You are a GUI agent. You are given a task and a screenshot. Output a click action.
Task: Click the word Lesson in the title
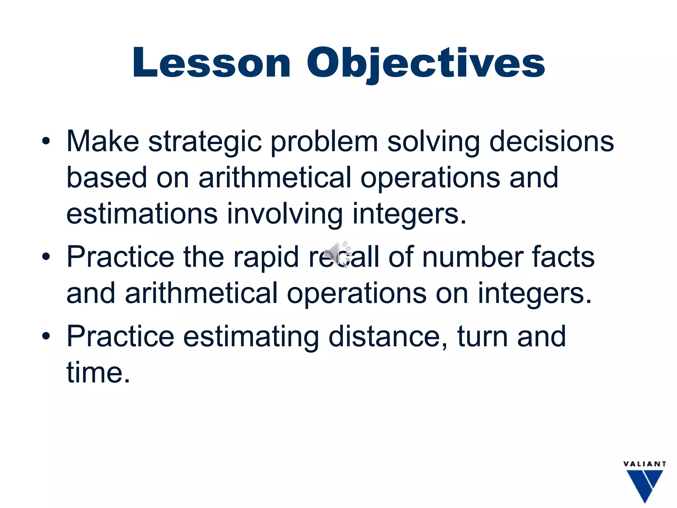(x=212, y=63)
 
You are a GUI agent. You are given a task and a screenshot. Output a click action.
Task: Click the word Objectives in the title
(x=426, y=63)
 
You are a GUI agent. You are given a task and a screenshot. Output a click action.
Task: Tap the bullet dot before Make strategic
(x=46, y=142)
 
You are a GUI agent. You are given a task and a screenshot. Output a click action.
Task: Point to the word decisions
(x=551, y=142)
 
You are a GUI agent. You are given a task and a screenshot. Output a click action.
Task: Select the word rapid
(x=266, y=257)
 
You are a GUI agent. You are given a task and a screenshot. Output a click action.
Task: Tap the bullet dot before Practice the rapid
(x=46, y=257)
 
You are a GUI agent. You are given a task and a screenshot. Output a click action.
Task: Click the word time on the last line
(x=98, y=372)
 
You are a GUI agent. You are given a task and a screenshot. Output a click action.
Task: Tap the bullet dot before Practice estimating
(x=46, y=336)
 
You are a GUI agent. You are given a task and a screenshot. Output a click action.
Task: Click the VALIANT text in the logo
(x=645, y=464)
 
